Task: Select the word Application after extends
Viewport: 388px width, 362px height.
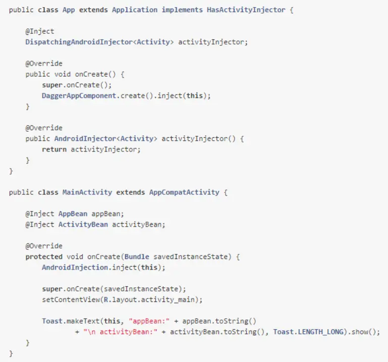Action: (x=135, y=10)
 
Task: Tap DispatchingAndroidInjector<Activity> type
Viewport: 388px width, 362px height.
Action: (x=99, y=42)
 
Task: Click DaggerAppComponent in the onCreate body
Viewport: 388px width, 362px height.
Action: (x=79, y=95)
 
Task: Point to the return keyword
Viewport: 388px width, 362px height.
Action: (x=54, y=149)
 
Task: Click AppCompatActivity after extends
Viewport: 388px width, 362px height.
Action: (x=184, y=192)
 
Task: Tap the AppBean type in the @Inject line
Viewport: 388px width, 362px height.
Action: (x=73, y=214)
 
